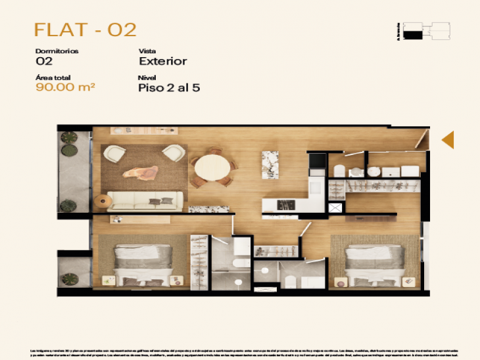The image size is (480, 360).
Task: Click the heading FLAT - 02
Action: coord(85,30)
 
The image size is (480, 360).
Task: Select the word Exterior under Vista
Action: coord(163,61)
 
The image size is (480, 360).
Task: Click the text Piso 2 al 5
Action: coord(169,89)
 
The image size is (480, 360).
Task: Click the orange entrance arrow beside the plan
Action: coord(448,139)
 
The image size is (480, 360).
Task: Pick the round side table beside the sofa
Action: coord(103,201)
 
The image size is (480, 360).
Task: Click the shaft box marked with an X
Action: coord(336,208)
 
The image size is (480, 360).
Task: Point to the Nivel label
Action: coord(147,78)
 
